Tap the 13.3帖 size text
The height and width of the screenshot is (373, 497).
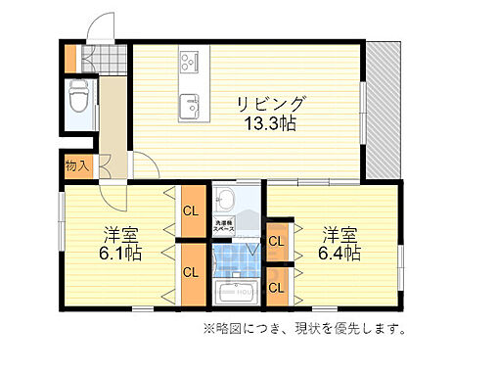coord(271,124)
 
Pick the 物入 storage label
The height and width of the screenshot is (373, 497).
coord(77,165)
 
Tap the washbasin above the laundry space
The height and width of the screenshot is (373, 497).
coord(226,199)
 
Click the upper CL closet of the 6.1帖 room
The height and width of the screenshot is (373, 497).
coord(192,211)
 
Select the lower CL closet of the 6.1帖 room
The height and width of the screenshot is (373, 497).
coord(192,272)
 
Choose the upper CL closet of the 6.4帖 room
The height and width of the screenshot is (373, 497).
coord(276,240)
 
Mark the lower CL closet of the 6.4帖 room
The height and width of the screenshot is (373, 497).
coord(276,287)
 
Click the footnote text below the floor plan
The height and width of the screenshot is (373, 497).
coord(304,329)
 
